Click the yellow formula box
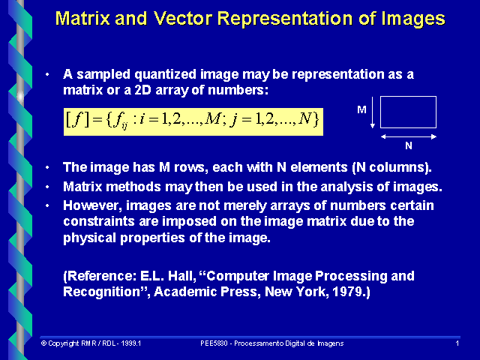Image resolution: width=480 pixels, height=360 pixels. tap(193, 118)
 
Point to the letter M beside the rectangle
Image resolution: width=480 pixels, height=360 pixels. tap(361, 109)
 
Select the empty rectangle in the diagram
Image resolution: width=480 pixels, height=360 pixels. tap(408, 112)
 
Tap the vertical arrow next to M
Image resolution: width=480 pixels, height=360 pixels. tap(373, 116)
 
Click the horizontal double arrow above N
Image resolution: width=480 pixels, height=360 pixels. tap(408, 136)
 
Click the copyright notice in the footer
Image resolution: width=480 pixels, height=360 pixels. tap(91, 343)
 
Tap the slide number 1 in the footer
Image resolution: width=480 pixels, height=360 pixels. tap(457, 343)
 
